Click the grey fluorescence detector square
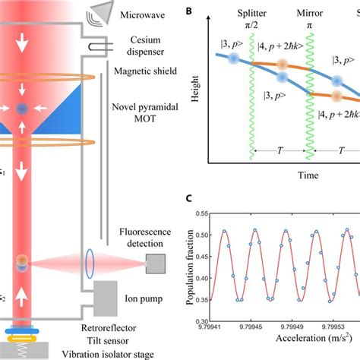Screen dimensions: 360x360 click(x=156, y=264)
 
